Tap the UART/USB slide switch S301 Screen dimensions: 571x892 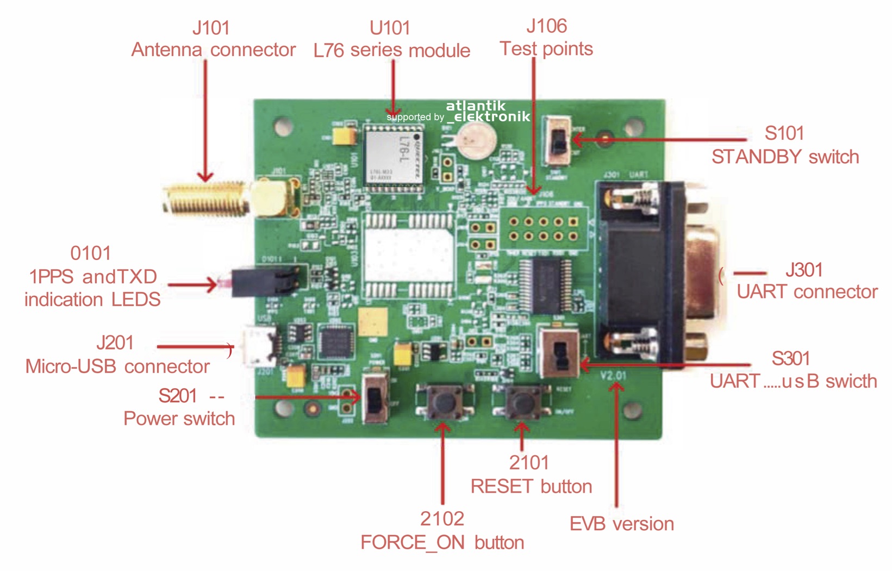(x=558, y=352)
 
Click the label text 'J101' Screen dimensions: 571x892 (x=211, y=28)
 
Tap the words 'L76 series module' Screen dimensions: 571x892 (x=392, y=51)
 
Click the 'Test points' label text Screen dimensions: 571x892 (x=546, y=49)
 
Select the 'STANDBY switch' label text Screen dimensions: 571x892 (x=785, y=157)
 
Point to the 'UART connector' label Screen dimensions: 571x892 (x=807, y=292)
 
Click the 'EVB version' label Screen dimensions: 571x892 (x=622, y=524)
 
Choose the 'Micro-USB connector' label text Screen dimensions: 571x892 (x=117, y=367)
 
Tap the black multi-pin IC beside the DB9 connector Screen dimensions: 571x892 (x=545, y=285)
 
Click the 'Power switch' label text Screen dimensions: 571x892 (x=179, y=419)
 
